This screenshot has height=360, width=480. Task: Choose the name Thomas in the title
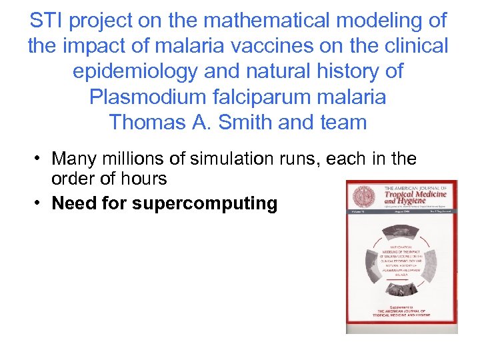(x=142, y=122)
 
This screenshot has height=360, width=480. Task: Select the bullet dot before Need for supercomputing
(x=40, y=203)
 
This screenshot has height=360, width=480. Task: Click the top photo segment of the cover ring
(x=401, y=230)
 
